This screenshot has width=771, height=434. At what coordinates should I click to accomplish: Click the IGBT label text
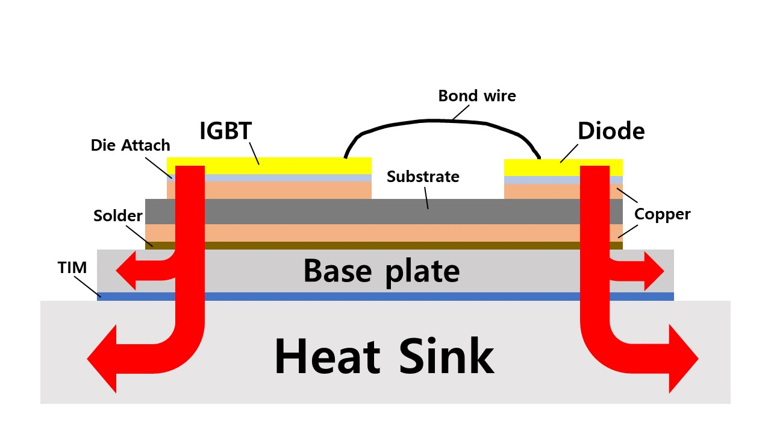(226, 131)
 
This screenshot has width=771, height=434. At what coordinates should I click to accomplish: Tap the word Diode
(611, 131)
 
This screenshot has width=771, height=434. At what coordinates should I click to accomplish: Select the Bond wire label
(477, 96)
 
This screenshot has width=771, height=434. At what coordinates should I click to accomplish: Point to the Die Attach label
(131, 145)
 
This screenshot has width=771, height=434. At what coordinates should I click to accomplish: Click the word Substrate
(423, 177)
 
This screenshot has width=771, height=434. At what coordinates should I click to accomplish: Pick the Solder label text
(117, 216)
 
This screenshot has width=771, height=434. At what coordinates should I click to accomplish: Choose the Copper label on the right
(662, 214)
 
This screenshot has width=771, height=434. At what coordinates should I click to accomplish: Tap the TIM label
(72, 268)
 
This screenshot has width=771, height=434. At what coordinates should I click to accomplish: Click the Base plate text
(381, 272)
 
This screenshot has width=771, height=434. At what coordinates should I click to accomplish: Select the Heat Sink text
(384, 356)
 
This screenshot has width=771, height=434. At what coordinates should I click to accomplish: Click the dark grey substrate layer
(384, 212)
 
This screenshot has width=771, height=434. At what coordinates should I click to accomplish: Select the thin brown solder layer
(384, 245)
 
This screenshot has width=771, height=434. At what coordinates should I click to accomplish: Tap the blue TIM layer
(385, 297)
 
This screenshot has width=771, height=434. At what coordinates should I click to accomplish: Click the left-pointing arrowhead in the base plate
(126, 271)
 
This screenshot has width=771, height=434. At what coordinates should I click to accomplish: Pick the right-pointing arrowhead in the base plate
(654, 271)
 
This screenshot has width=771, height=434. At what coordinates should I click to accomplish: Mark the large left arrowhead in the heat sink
(102, 359)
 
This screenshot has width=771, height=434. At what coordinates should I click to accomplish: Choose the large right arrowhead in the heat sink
(684, 359)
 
